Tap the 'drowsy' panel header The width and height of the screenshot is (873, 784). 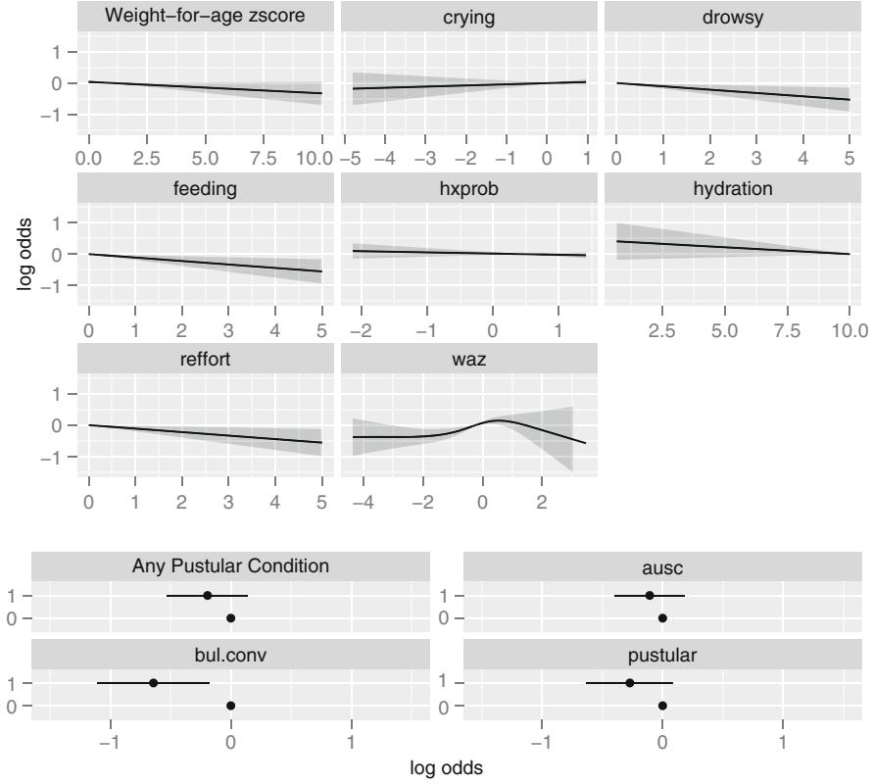click(x=731, y=16)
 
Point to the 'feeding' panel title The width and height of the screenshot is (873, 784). click(x=206, y=186)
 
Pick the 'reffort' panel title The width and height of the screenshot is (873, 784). click(x=206, y=358)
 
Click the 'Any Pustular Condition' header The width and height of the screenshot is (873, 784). click(x=231, y=565)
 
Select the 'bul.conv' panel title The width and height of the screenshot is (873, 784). click(x=231, y=653)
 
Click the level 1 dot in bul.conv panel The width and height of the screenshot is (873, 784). click(x=153, y=682)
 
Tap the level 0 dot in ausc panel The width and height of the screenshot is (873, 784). click(x=662, y=617)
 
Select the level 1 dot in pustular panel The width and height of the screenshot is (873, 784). click(x=629, y=682)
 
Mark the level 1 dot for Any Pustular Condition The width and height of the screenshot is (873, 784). click(x=207, y=595)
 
